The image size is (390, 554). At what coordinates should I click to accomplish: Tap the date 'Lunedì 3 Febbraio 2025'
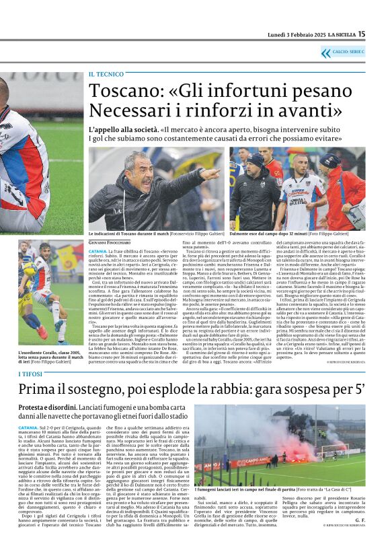pos(290,34)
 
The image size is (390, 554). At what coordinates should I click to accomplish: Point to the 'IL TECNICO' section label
pos(106,74)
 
